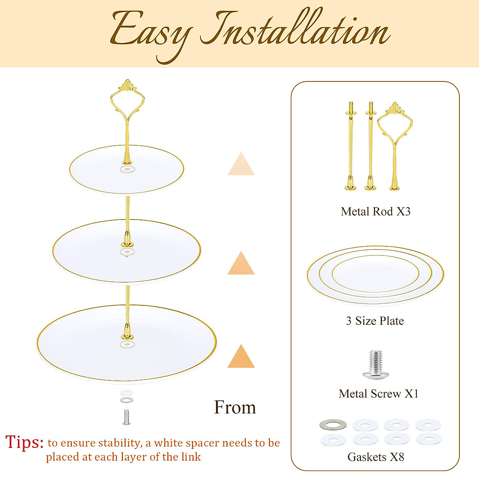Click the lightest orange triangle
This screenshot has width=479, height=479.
click(241, 164)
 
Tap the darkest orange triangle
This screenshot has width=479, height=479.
click(241, 357)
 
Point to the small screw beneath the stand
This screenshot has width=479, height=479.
click(127, 417)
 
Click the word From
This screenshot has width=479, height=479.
click(235, 408)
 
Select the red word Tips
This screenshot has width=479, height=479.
click(24, 442)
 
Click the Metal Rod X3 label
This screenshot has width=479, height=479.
click(376, 212)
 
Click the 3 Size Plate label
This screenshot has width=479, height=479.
click(375, 321)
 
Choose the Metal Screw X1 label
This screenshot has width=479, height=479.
click(378, 394)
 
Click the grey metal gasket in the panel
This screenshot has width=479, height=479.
click(333, 425)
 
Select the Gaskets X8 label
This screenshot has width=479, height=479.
click(376, 457)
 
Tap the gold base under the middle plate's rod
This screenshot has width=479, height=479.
click(127, 242)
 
